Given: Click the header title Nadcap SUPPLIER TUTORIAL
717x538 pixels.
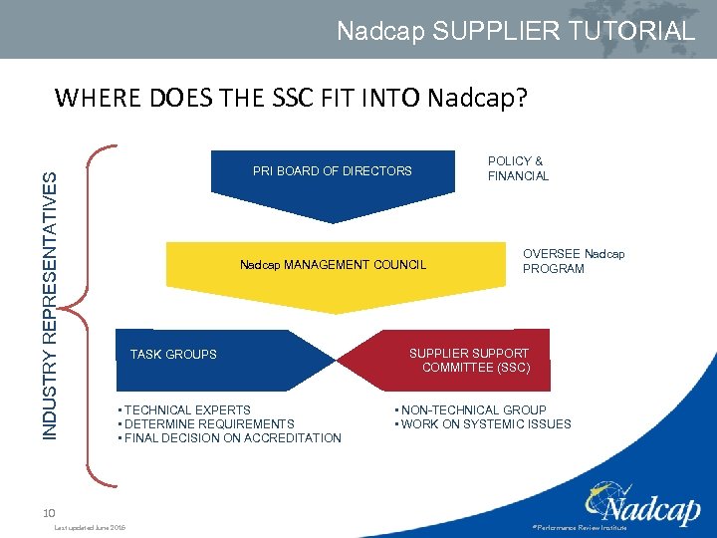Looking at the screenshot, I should pos(515,31).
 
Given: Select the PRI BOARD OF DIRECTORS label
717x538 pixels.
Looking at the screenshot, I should pos(332,171).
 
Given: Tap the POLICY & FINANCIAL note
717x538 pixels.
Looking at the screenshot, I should pos(518,168).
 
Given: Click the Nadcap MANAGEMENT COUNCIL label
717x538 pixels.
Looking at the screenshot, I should pos(333,265).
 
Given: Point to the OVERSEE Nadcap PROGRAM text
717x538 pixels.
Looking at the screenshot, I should pos(574,261).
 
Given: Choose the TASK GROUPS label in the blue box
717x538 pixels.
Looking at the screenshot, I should pos(173,355).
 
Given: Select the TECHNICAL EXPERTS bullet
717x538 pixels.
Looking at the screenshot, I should pos(186,409).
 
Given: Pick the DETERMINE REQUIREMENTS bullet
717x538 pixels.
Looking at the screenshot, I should pos(207,423).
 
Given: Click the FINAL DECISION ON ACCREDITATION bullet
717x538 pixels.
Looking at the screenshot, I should pos(230,438).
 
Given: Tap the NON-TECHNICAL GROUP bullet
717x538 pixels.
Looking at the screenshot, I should pos(472,409).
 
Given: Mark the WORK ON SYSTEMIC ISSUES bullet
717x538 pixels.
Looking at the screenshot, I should pos(484,423).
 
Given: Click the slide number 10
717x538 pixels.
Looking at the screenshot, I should pos(49,512).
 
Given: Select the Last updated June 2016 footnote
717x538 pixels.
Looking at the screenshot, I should pos(91,528).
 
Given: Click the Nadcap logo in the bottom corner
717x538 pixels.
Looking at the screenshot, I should pos(645,503).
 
